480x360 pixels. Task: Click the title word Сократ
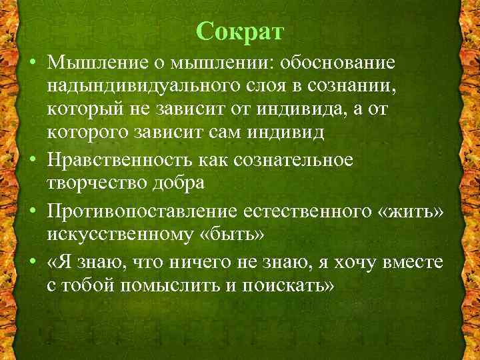click(240, 31)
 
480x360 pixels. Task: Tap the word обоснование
click(338, 62)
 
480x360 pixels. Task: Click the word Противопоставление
click(143, 212)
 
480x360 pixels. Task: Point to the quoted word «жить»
click(411, 212)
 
